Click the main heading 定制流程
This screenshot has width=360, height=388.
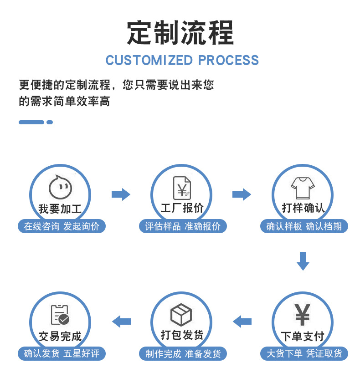click(180, 33)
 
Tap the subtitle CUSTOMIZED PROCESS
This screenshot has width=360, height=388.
click(182, 60)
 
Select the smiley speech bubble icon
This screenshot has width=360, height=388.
click(61, 187)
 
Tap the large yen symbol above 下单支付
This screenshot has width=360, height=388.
click(303, 315)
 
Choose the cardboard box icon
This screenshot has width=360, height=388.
click(181, 315)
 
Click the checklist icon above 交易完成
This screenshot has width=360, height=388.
click(60, 315)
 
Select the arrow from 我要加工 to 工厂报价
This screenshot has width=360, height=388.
click(121, 194)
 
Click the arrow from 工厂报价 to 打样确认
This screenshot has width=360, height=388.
click(242, 194)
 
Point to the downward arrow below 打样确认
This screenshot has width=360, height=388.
click(303, 260)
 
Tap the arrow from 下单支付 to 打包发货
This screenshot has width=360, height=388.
click(242, 322)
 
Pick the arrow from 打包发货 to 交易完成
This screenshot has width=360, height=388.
click(121, 322)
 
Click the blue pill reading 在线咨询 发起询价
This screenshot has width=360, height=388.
click(62, 226)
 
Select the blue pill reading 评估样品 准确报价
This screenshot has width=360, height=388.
click(182, 226)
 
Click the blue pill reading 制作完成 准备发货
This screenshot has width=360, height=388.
click(182, 353)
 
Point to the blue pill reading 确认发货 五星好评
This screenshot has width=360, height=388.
click(62, 353)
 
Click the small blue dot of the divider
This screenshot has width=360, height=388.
click(50, 122)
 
